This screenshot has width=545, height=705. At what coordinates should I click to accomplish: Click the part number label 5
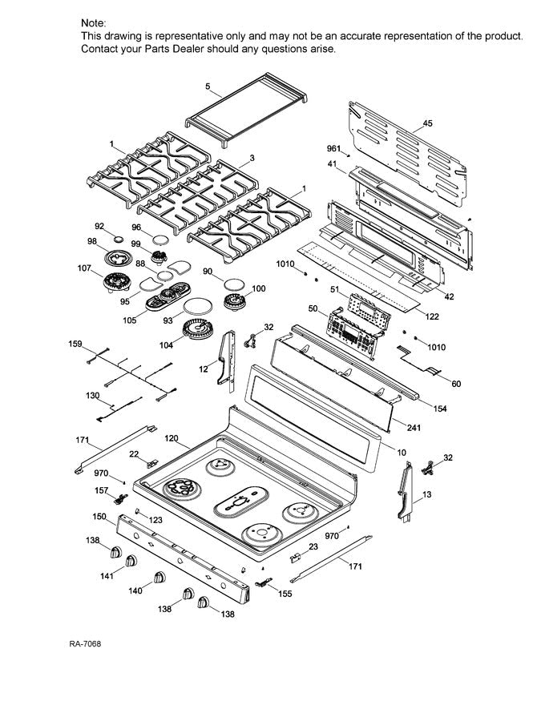[x=208, y=86]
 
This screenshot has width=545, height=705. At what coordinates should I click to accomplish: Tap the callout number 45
[x=427, y=123]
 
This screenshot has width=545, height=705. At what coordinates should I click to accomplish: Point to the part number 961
[x=333, y=149]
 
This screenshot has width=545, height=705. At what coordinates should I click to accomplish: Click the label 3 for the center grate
[x=252, y=159]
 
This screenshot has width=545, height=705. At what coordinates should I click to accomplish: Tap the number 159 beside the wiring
[x=75, y=345]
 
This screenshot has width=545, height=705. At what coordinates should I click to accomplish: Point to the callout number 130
[x=92, y=397]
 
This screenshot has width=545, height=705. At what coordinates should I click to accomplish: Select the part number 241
[x=414, y=428]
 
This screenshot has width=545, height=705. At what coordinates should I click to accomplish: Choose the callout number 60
[x=456, y=385]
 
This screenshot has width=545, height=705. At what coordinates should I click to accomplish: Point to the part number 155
[x=285, y=594]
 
